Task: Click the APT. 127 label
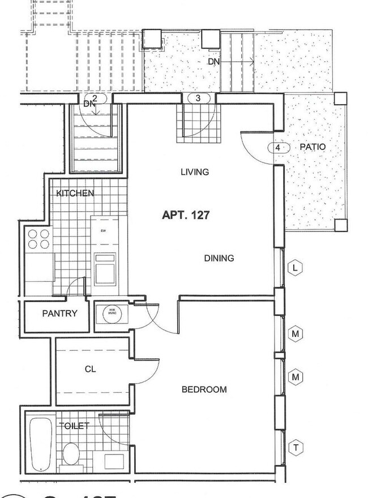[186, 215]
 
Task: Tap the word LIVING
[195, 172]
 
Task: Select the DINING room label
[219, 258]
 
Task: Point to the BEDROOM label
[204, 389]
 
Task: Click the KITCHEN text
[75, 193]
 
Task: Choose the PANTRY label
[59, 314]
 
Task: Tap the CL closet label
[90, 369]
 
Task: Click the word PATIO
[312, 147]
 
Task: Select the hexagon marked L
[295, 268]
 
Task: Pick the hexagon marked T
[295, 448]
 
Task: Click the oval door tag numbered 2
[95, 98]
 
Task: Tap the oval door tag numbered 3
[198, 98]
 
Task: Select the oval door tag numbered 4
[277, 148]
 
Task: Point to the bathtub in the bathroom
[41, 444]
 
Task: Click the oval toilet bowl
[72, 453]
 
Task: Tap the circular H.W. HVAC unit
[108, 314]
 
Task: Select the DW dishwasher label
[104, 231]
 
